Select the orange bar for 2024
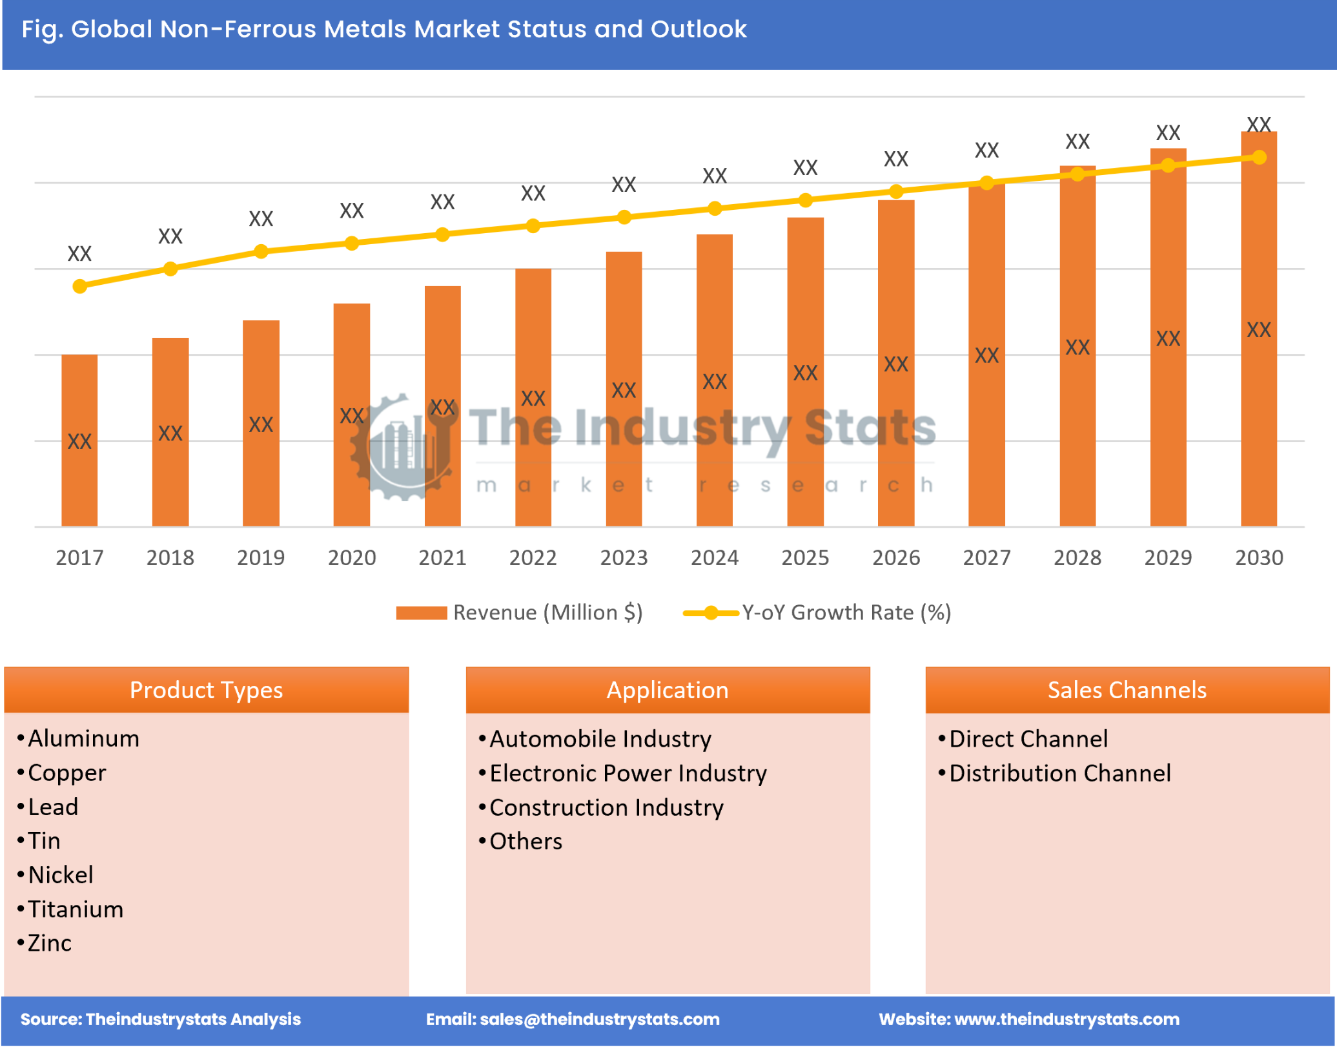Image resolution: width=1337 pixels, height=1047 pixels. coord(714,381)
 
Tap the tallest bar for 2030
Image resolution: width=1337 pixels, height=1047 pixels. coord(1258,329)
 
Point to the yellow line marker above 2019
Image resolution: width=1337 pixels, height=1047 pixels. coord(261,251)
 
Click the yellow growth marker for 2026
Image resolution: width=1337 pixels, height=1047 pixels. coord(895,191)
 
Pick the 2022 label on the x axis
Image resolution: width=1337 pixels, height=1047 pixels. coord(533,557)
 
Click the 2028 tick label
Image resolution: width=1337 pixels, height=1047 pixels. coord(1077,557)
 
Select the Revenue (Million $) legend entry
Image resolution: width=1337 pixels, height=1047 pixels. coord(520,612)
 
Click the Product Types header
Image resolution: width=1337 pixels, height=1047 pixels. coord(207,690)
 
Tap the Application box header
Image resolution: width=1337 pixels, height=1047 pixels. coord(668,690)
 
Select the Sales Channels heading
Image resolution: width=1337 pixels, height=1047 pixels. coord(1127,690)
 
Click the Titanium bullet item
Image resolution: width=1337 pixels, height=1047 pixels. coord(76,909)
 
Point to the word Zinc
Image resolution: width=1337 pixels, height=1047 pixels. coord(50,943)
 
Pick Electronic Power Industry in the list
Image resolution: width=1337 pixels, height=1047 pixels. coord(628,773)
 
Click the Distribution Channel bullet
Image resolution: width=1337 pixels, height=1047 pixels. coord(1059,773)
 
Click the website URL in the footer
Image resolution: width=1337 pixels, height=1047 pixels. coord(1067,1019)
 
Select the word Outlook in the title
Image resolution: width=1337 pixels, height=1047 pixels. coord(699,29)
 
